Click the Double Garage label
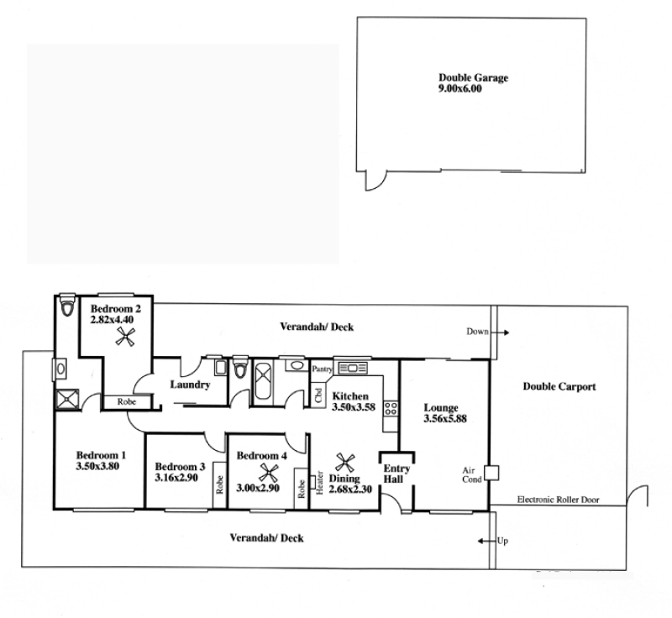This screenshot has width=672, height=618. (x=473, y=78)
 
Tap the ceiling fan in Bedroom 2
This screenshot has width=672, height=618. (x=125, y=336)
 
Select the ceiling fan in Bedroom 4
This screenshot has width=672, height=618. (x=269, y=474)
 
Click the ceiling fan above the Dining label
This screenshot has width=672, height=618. (x=345, y=463)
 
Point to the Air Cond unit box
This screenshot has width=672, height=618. (x=491, y=473)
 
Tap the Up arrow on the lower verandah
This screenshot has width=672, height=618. (x=486, y=542)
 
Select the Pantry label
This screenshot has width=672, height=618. (x=322, y=369)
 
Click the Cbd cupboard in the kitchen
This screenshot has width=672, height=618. (x=318, y=395)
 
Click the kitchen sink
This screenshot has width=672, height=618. (x=352, y=368)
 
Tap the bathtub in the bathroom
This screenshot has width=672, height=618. (x=263, y=380)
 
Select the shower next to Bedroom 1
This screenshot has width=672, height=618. (x=67, y=399)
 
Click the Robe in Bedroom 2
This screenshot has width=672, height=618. (x=127, y=401)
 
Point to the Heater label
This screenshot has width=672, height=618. (x=319, y=483)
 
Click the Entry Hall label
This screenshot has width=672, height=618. (x=396, y=474)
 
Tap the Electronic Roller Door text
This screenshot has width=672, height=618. (x=558, y=500)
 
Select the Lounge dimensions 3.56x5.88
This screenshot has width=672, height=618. (x=445, y=419)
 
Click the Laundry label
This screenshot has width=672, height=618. (x=190, y=385)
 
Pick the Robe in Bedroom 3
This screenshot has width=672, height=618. (x=219, y=484)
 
